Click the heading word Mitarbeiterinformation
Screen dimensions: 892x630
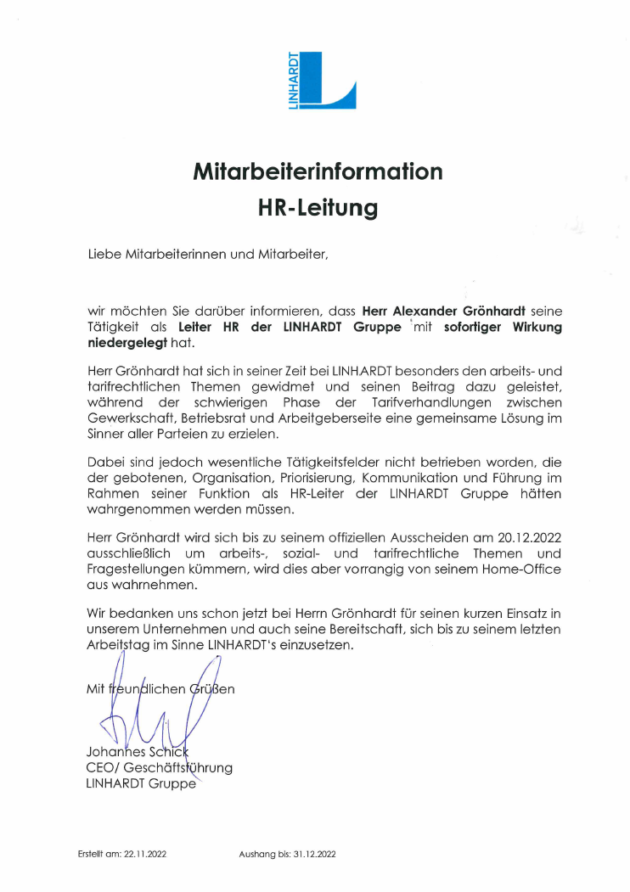click(x=318, y=171)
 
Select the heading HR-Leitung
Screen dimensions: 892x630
click(x=318, y=208)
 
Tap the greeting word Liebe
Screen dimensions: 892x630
click(x=104, y=253)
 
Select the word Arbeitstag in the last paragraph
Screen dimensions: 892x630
click(x=119, y=644)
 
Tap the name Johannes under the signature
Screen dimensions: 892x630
click(x=115, y=752)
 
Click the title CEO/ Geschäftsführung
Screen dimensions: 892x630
click(x=159, y=768)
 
